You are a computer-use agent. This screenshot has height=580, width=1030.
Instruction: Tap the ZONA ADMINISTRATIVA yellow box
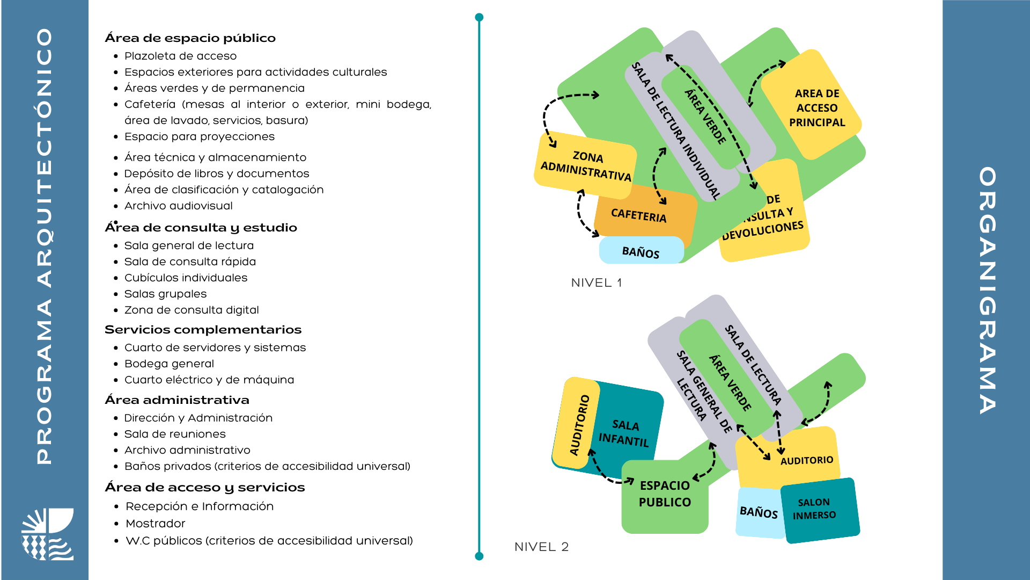(586, 165)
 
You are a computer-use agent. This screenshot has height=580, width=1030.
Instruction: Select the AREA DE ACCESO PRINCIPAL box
(816, 108)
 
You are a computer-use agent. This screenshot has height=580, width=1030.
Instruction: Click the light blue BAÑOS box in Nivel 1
(641, 252)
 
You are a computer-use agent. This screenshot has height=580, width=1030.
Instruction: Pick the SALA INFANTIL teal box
(625, 433)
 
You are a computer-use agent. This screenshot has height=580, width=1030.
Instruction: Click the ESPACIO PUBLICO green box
(665, 494)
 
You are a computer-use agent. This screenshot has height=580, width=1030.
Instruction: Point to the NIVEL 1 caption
(597, 283)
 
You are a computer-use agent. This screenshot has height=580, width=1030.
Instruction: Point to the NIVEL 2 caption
(541, 547)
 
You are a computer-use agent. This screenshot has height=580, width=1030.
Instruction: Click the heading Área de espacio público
(190, 38)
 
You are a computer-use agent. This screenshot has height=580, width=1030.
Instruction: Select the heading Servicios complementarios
(203, 330)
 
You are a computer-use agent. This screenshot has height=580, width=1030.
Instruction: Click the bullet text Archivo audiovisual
(178, 206)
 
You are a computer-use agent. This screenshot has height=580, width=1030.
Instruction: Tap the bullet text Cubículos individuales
(186, 278)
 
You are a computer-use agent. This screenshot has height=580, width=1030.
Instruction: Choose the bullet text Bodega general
(169, 364)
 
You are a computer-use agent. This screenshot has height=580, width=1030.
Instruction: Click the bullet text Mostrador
(155, 524)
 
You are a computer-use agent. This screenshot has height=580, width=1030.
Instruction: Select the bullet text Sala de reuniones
(175, 434)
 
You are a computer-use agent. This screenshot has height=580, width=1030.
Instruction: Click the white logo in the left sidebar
(47, 534)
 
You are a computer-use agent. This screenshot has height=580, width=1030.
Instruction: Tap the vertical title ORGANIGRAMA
(987, 290)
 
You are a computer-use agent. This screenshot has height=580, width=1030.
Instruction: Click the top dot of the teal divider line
(479, 17)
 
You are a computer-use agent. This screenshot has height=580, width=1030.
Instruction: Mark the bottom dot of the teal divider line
(479, 556)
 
